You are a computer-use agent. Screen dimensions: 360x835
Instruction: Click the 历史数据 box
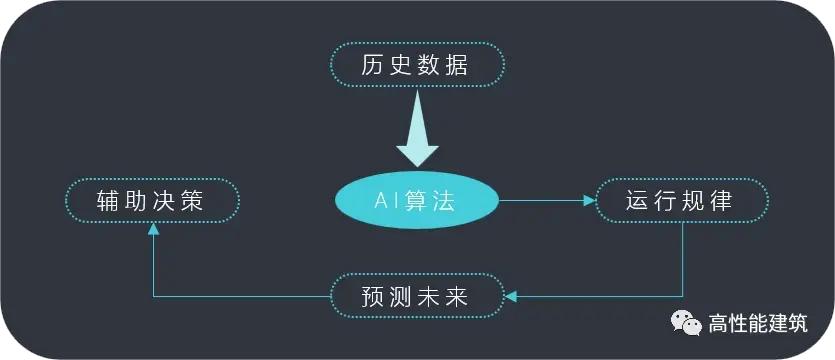(415, 65)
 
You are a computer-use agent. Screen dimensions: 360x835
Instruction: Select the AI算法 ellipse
(415, 201)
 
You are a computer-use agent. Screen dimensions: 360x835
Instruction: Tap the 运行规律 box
(682, 201)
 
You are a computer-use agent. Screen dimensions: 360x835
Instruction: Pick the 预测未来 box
(415, 296)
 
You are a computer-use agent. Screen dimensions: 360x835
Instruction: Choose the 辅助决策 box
(152, 201)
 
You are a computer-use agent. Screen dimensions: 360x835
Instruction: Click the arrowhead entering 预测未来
(508, 296)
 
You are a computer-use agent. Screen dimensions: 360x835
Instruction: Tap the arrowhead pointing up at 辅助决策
(152, 229)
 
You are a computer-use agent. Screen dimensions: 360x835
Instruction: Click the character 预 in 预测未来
(373, 297)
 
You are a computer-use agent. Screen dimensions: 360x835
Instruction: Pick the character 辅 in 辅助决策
(110, 201)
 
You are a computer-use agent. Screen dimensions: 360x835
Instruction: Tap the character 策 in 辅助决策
(193, 201)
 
